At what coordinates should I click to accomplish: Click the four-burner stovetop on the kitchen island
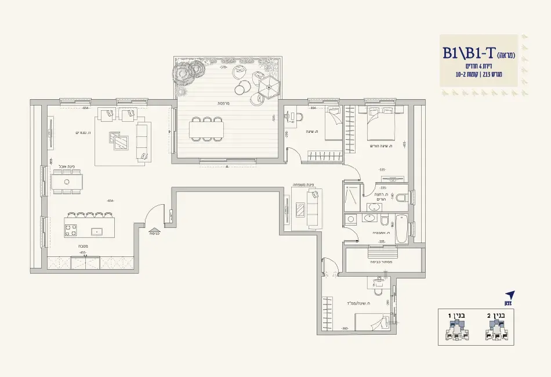71,230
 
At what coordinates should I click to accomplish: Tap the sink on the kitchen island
97,231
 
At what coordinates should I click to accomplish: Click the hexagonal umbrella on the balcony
270,89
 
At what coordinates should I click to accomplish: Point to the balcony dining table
206,128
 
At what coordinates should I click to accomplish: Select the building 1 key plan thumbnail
458,331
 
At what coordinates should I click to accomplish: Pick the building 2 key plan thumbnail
498,331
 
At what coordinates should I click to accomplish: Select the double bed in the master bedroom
380,124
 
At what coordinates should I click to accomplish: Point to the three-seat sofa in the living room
143,140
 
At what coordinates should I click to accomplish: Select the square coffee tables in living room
120,140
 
